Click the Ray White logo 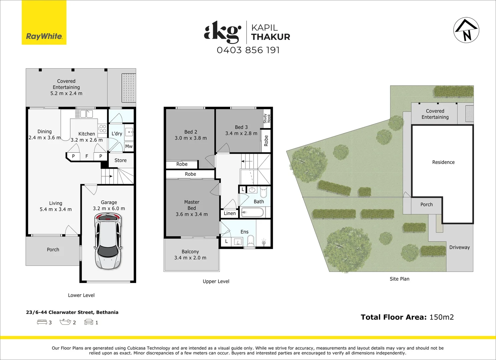pos(44,22)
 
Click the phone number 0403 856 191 pos(248,50)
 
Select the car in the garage pos(108,241)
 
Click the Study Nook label pos(267,118)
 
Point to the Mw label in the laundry pos(129,146)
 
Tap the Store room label pos(120,160)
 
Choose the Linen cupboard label pos(229,213)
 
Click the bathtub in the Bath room pos(252,212)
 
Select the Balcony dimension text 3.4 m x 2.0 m pos(190,258)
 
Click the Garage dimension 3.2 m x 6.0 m pos(109,208)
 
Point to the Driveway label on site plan pos(459,247)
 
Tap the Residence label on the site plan pos(443,162)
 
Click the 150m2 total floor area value pos(442,317)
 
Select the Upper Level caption pos(216,281)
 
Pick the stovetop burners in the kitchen pos(102,128)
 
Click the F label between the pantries pos(87,156)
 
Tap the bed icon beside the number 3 pos(42,322)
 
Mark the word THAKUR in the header pos(271,37)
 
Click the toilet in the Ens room pos(251,241)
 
